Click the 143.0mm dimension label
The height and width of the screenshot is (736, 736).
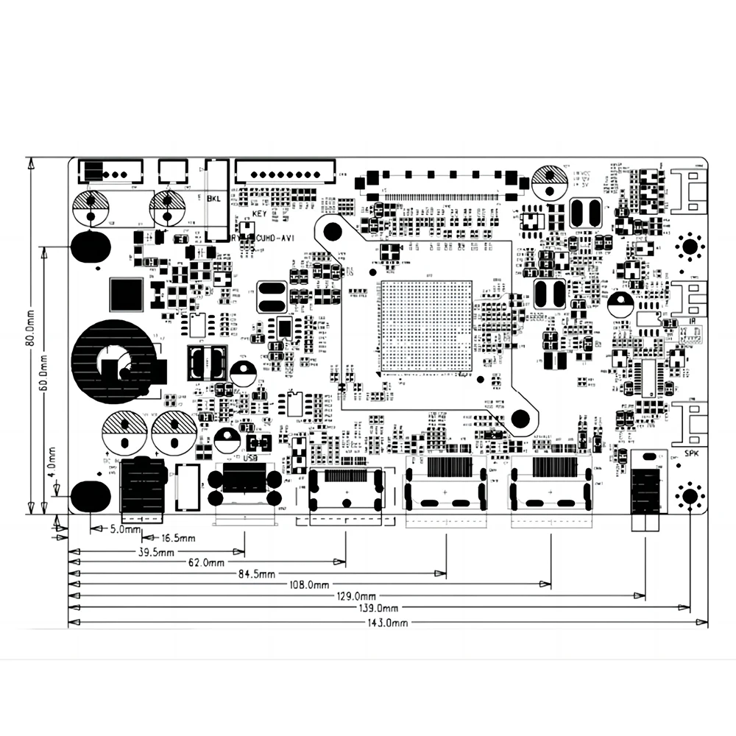point(388,623)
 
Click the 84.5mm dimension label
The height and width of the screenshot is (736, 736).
point(256,573)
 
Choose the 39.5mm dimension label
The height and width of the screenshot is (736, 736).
point(157,552)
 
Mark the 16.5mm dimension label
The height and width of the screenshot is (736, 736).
point(178,539)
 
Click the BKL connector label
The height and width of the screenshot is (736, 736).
point(214,199)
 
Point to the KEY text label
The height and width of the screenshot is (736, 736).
point(258,213)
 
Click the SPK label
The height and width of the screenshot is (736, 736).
point(691,453)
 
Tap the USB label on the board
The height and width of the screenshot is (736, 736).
point(251,457)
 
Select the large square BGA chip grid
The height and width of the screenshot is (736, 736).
point(425,325)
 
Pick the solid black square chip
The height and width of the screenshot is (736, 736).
point(125,294)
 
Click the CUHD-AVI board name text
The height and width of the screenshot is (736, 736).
point(275,238)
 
